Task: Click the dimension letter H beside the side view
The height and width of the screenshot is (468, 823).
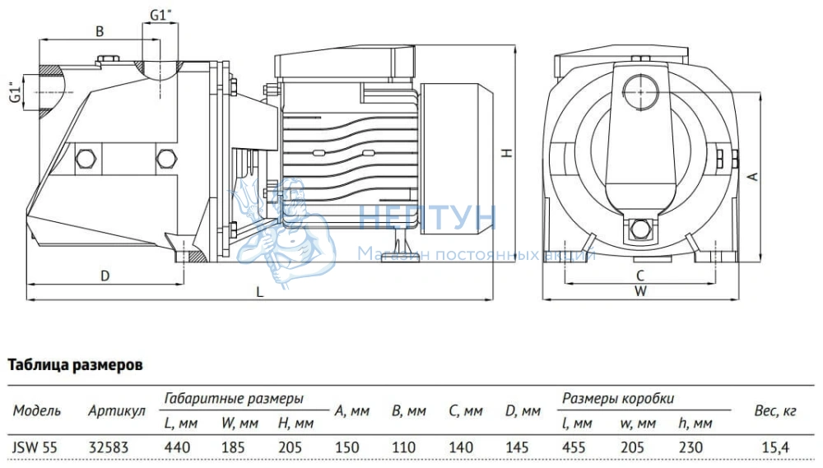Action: coord(509,153)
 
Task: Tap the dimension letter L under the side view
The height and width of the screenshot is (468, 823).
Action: coord(259,291)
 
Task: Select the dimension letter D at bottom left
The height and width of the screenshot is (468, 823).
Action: coord(105,276)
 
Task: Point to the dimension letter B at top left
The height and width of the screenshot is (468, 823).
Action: coord(100,31)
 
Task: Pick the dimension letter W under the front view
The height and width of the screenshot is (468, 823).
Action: coord(640,290)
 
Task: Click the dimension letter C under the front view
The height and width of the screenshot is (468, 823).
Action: coord(639,275)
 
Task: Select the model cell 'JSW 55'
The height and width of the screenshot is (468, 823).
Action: coord(30,447)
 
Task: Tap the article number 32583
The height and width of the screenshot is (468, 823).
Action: coord(107,447)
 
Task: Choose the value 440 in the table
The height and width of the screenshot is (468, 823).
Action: coord(178,447)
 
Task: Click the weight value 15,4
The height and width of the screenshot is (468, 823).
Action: coord(774,447)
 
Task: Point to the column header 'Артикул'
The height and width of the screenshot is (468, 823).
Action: coord(116,410)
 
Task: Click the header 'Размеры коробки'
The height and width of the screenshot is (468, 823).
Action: coord(618,399)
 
